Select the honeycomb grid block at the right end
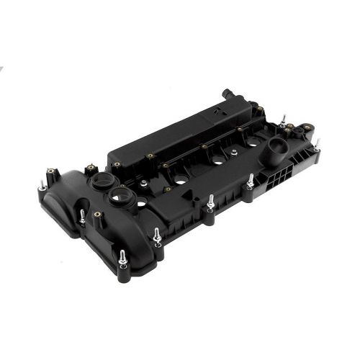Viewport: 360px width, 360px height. tap(288, 181)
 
